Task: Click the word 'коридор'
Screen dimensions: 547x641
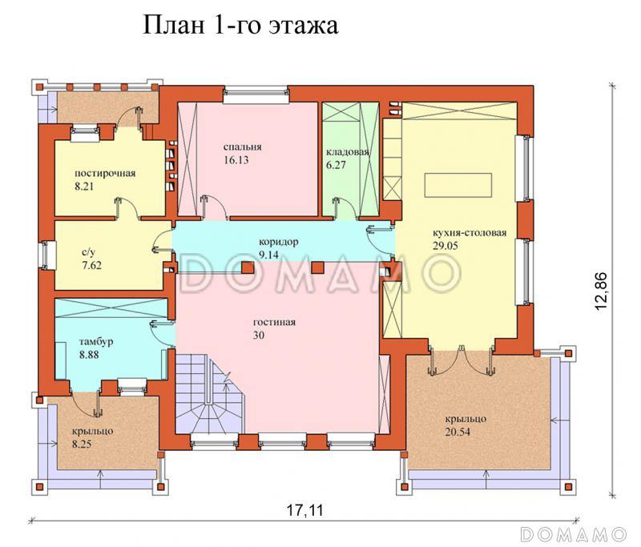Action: [278, 241]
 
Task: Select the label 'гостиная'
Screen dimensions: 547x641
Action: [277, 323]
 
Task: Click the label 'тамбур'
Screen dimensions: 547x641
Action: [96, 342]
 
